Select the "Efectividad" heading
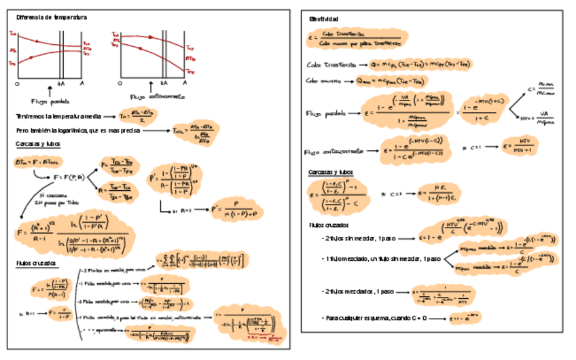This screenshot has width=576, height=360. pos(324,19)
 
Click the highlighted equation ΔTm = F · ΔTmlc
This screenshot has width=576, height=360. pos(36,162)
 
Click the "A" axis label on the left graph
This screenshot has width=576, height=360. pos(82,83)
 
